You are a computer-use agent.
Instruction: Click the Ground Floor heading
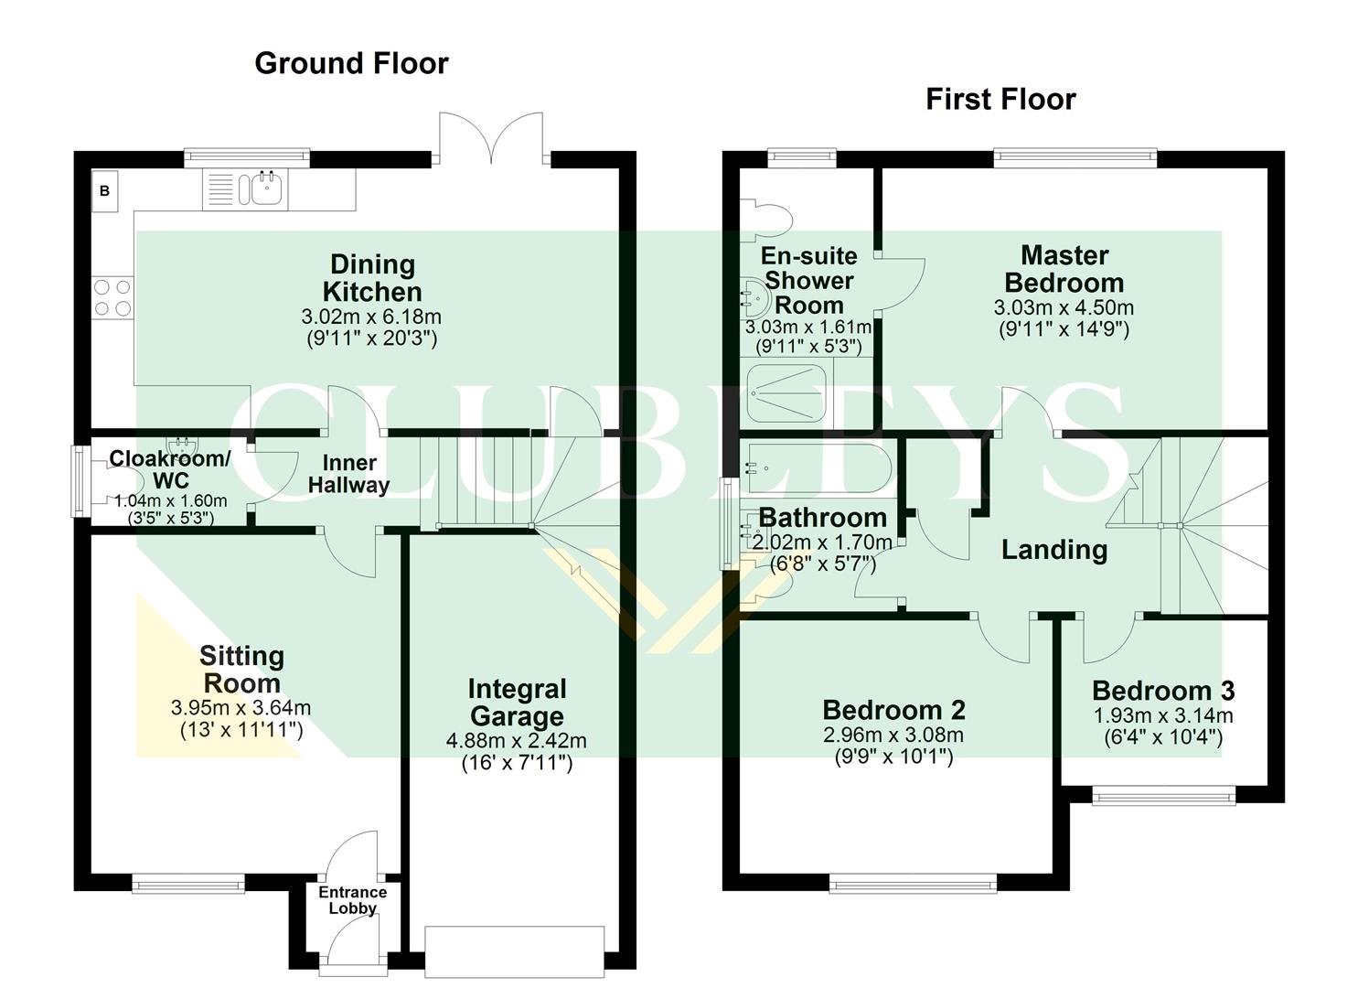click(x=351, y=63)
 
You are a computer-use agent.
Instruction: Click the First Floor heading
click(x=1000, y=99)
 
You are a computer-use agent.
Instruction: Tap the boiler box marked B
click(x=104, y=191)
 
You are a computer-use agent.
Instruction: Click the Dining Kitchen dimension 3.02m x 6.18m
click(x=371, y=317)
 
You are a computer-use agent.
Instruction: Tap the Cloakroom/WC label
click(x=170, y=468)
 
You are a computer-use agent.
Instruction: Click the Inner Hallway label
click(x=348, y=473)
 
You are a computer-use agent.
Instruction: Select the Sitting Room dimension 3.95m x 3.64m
click(x=241, y=708)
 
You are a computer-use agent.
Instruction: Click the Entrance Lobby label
click(x=352, y=900)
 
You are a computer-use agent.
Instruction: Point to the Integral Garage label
click(x=517, y=703)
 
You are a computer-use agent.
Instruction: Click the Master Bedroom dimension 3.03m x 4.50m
click(x=1064, y=308)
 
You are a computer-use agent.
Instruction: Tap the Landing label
click(x=1054, y=550)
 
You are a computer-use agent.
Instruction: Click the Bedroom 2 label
click(x=893, y=710)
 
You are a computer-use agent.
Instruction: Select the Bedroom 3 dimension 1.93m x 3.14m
click(x=1163, y=716)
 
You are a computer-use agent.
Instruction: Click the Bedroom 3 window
click(x=1164, y=796)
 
